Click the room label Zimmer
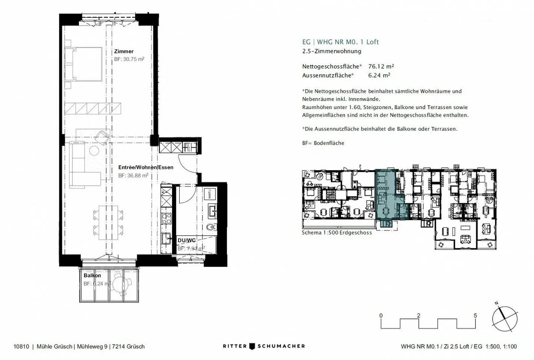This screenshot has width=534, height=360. click(x=123, y=52)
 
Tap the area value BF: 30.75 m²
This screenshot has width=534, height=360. click(x=129, y=59)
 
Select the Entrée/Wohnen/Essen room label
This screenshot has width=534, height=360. click(x=146, y=168)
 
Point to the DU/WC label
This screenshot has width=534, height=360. click(x=187, y=241)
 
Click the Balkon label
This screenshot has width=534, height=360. click(x=92, y=276)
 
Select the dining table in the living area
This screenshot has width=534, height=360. click(x=108, y=223)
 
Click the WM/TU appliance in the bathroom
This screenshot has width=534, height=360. click(x=210, y=194)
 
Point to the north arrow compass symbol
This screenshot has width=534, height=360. click(x=505, y=319)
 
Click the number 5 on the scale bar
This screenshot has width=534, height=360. click(x=475, y=316)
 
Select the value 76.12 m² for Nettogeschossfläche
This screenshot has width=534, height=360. click(x=381, y=67)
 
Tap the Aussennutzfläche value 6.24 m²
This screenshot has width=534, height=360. click(x=379, y=75)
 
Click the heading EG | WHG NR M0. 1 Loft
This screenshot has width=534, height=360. click(x=340, y=42)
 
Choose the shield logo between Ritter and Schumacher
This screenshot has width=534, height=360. click(x=252, y=346)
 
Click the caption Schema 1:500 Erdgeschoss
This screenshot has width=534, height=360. click(x=336, y=232)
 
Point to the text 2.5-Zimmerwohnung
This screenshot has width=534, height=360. click(x=332, y=52)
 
